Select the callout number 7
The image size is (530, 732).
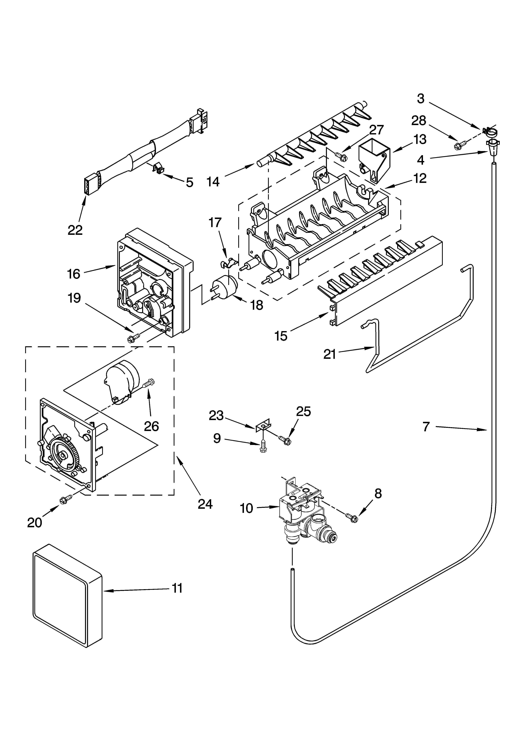[426, 427]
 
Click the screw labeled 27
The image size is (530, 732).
[342, 156]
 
